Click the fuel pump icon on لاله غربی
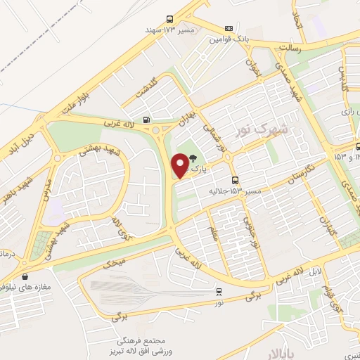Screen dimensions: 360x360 (x=146, y=120)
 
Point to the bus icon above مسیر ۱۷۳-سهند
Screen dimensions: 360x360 (x=169, y=19)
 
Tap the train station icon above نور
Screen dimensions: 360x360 (x=219, y=290)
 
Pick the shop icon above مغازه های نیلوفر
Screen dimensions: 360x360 (x=26, y=276)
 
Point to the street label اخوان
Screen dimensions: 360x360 (x=253, y=67)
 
